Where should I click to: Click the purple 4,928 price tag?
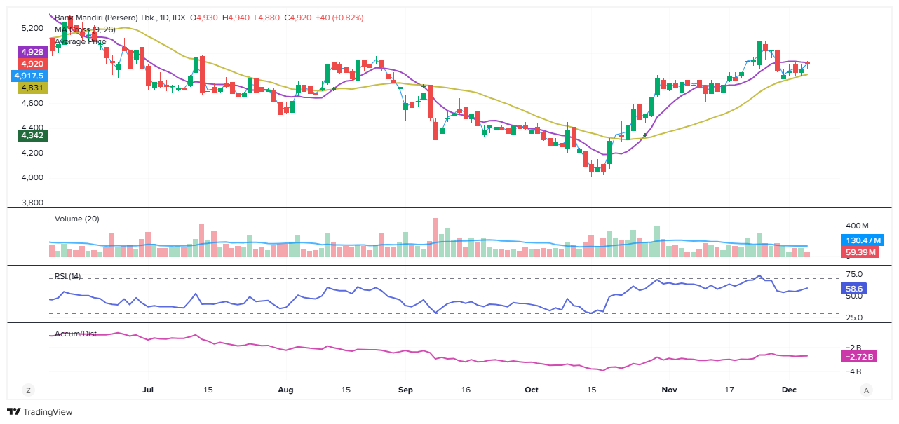[x=32, y=52]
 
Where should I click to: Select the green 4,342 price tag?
[x=32, y=135]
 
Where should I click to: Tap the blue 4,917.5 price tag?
[x=29, y=76]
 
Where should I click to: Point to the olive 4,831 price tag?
[x=32, y=88]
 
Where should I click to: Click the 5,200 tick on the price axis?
[x=32, y=29]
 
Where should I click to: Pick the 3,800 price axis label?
[x=32, y=203]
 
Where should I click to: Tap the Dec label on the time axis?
[x=790, y=390]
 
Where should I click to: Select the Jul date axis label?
[x=147, y=390]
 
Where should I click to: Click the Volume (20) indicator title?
[x=77, y=219]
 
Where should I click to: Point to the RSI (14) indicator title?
[x=68, y=276]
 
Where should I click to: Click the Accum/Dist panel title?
[x=76, y=333]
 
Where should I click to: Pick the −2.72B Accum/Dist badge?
[x=859, y=357]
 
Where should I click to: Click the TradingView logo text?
[x=48, y=412]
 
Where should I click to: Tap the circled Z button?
[x=29, y=390]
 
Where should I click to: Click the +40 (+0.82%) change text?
[x=339, y=18]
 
